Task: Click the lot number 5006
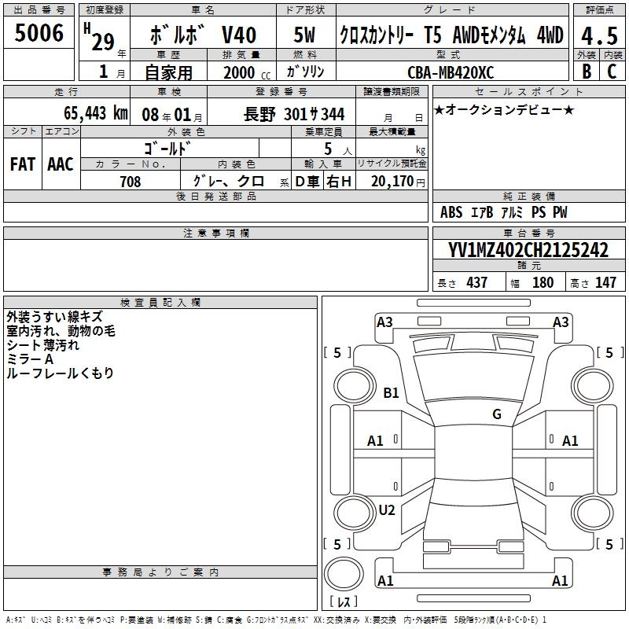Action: click(x=39, y=33)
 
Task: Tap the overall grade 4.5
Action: click(x=599, y=35)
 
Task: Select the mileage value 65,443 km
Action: click(x=96, y=113)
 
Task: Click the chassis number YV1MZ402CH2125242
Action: click(x=528, y=250)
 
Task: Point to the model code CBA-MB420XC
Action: click(x=451, y=72)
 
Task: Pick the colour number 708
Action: click(x=131, y=182)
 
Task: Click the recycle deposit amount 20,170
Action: click(x=392, y=182)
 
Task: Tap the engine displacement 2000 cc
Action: click(x=247, y=72)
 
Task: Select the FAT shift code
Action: click(x=23, y=164)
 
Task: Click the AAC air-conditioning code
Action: click(x=61, y=164)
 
